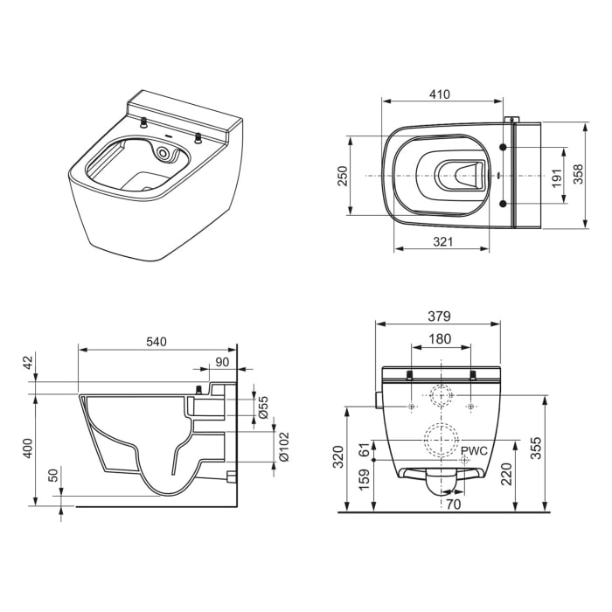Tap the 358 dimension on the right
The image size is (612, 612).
coord(577,175)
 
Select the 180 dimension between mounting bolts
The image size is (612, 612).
coord(442,338)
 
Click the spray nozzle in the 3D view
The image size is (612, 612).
coord(163,154)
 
